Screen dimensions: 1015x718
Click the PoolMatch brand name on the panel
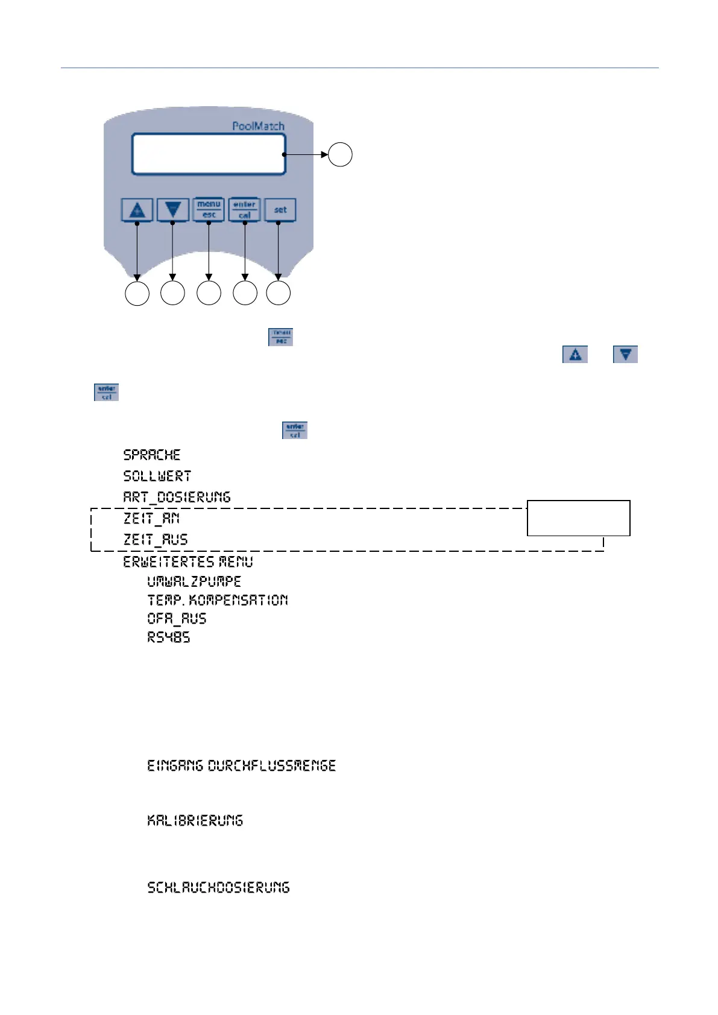[x=258, y=126]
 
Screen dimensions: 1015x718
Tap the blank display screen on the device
[x=209, y=154]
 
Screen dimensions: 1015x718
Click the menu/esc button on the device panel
[x=209, y=209]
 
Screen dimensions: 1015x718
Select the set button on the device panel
[x=280, y=210]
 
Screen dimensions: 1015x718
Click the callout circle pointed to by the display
[x=340, y=154]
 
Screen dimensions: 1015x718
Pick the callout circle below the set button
[x=279, y=293]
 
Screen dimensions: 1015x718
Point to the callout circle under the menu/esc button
[x=209, y=293]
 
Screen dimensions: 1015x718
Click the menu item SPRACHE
[x=152, y=455]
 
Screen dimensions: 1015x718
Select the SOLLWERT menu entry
[x=157, y=476]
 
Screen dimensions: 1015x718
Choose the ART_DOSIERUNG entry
[x=177, y=497]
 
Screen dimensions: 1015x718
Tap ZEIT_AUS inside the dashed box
[x=156, y=539]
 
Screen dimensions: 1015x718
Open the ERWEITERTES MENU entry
[x=188, y=561]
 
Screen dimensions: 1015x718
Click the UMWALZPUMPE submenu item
[x=194, y=581]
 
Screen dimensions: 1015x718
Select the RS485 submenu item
[x=169, y=637]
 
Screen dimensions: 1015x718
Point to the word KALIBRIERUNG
[x=195, y=820]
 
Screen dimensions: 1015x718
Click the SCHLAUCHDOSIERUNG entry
[x=218, y=887]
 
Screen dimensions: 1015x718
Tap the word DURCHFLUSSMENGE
[x=272, y=765]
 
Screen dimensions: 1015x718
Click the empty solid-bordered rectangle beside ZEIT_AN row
[x=578, y=517]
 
